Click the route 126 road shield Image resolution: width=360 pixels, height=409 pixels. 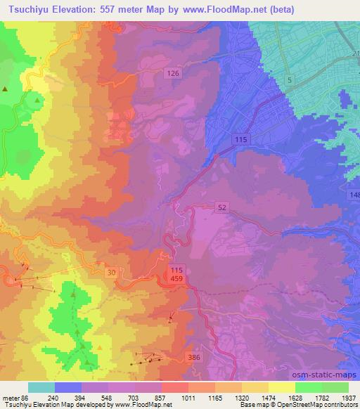pos(174,73)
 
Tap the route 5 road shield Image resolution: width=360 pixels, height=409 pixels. pos(289,81)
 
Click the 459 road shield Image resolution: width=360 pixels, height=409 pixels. pos(177,280)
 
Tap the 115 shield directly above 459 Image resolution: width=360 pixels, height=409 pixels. pos(177,271)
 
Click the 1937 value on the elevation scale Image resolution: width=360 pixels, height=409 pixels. pos(349,397)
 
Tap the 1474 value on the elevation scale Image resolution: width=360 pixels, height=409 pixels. pos(268,397)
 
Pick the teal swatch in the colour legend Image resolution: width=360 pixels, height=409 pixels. pos(41,387)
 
